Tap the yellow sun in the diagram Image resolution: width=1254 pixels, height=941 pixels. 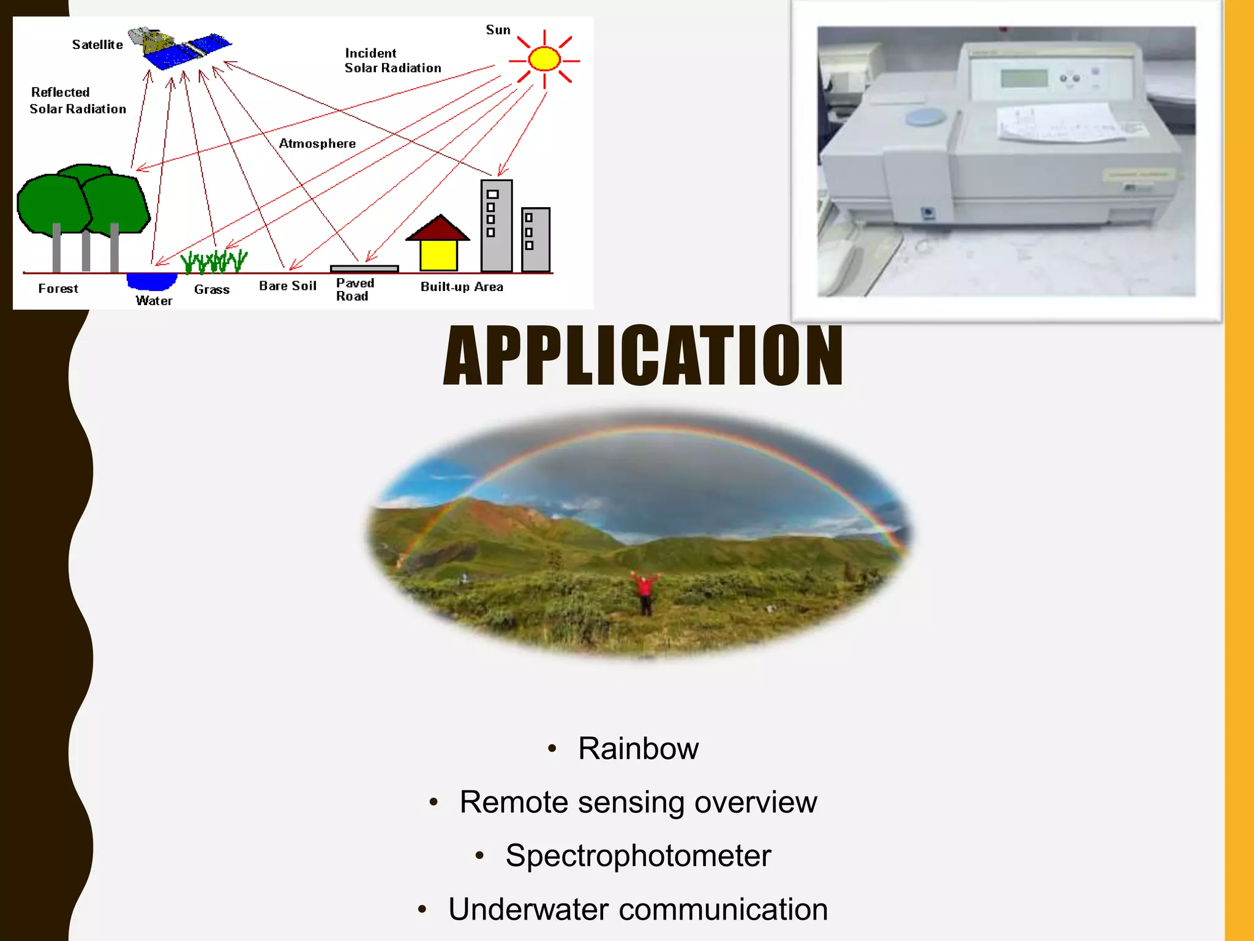(544, 59)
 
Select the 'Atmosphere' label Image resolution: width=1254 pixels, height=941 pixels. (317, 143)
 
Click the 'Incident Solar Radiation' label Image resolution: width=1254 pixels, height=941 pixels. (392, 61)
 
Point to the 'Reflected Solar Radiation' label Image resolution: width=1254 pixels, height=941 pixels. (78, 100)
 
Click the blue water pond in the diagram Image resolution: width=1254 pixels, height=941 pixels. (151, 281)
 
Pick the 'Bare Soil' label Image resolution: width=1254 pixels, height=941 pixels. (287, 286)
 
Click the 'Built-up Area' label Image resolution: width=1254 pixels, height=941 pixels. (462, 287)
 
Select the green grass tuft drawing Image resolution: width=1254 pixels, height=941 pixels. (214, 262)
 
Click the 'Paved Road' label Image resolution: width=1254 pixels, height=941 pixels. (355, 290)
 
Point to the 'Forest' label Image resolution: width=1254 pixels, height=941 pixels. (58, 289)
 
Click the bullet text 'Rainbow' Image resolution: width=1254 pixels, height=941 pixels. (638, 749)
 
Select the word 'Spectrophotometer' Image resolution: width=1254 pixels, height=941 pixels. (638, 856)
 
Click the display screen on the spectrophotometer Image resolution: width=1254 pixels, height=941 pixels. (1024, 78)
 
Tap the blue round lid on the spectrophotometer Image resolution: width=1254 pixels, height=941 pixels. (926, 117)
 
